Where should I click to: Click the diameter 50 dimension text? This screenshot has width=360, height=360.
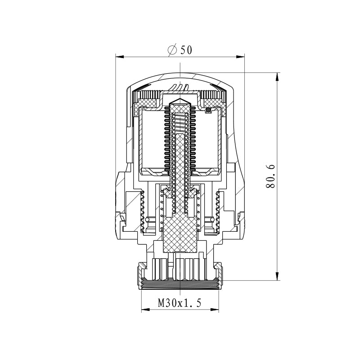coord(180,50)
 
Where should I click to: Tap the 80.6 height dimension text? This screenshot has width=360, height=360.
coord(270,176)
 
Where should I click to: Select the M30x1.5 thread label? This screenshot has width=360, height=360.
coord(180,303)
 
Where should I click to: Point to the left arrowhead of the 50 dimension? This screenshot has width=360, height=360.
coord(120,57)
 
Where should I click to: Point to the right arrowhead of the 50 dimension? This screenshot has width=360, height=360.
coord(240,57)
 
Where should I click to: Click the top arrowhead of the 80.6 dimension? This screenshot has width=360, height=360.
coord(278,77)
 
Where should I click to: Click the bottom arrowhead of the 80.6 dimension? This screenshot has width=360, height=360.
coord(278,276)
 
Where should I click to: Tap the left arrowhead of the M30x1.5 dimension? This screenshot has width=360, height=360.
coord(145,310)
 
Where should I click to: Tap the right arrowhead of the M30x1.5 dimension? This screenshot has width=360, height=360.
coord(215,310)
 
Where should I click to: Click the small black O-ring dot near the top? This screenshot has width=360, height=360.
coord(208,110)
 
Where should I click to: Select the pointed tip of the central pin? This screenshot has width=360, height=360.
coord(180,99)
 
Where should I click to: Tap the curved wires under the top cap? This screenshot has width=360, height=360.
coord(180,87)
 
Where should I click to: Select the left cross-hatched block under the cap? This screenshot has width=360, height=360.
coord(147,104)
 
